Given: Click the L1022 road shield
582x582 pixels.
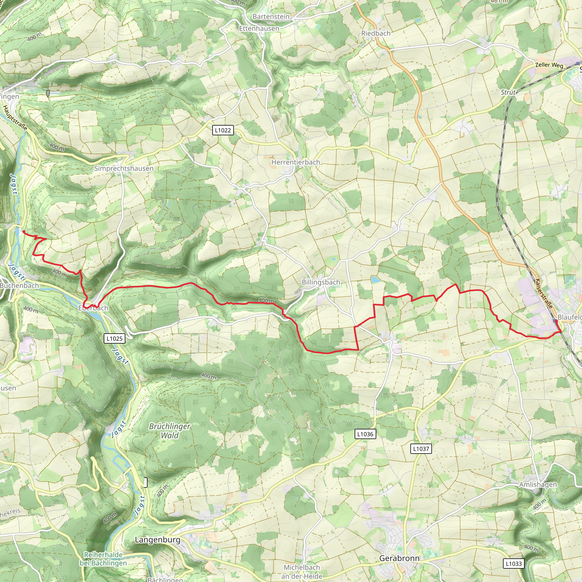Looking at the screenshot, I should pos(223,130).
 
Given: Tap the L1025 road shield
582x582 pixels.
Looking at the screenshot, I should pos(115,338).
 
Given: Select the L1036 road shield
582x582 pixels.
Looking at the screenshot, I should pos(365,434).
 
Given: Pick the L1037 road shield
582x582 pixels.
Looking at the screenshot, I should pos(421,448).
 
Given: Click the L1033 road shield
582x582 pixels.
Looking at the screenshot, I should pos(513,563).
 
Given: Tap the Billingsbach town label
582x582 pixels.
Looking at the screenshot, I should pos(321,282).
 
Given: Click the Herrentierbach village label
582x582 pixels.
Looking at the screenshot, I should pos(296,162).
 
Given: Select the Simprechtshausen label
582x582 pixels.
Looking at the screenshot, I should pos(124,169).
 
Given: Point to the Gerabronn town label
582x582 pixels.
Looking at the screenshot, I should pos(399,558).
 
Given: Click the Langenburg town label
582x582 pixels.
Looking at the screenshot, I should pos(157,540).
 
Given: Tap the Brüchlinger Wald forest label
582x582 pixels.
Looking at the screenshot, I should pos(170,431).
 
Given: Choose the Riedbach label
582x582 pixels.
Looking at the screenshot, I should pos(376,34).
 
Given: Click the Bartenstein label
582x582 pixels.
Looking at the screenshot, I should pos(271,16).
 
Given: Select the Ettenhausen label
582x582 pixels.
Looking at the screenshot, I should pos(259,28).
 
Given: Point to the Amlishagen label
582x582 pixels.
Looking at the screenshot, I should pos(538,485).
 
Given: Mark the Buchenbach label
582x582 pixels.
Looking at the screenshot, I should pos(19,285).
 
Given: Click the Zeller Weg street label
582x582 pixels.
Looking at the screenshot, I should pos(549,65).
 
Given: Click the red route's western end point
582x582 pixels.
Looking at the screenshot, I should pos(24,231).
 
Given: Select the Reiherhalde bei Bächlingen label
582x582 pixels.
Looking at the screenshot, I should pos(103,559).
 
